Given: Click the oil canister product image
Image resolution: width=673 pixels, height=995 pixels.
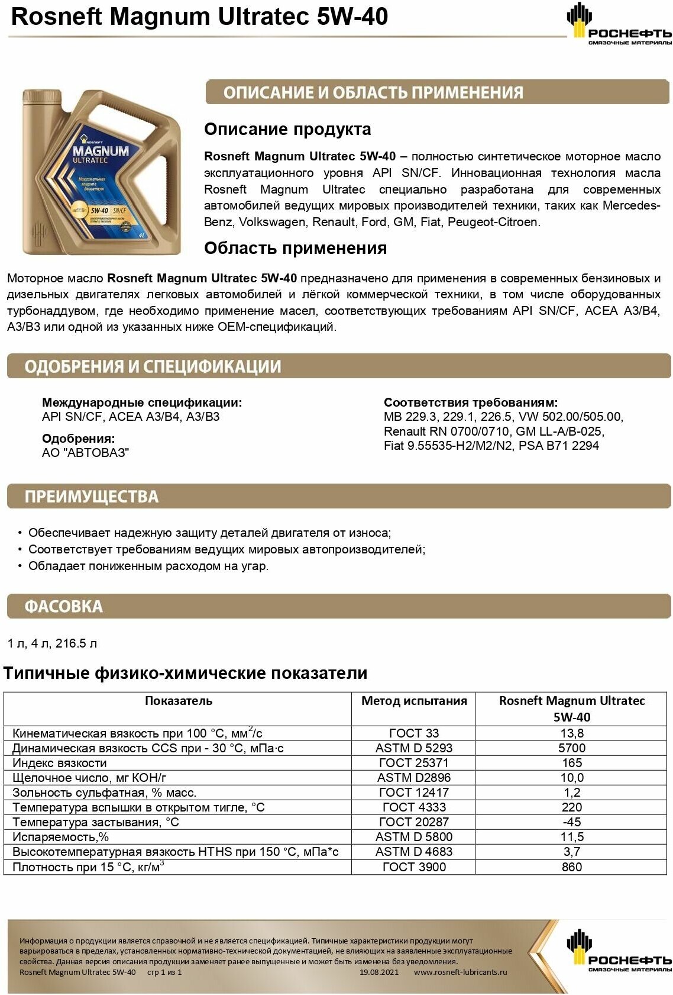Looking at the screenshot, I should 101,172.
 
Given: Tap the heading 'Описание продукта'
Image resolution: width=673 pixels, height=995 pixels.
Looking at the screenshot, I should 287,129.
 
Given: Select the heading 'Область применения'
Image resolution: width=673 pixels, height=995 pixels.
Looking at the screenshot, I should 295,248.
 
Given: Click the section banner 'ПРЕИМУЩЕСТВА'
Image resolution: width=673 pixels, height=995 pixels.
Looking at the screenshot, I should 92,497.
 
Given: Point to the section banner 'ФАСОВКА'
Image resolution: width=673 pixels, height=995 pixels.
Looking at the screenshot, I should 64,607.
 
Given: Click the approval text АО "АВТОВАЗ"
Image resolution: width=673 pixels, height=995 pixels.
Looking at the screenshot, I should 85,453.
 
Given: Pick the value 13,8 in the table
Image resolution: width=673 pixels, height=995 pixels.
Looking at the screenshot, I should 571,733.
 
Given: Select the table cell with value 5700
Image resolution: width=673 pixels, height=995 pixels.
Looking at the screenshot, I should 571,748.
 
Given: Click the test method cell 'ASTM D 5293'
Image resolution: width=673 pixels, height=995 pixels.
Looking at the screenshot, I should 413,748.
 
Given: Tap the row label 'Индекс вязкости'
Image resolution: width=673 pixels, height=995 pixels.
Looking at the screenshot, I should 60,763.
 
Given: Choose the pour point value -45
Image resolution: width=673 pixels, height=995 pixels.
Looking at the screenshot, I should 571,822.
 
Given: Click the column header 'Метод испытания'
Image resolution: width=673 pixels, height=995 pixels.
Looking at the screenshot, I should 413,701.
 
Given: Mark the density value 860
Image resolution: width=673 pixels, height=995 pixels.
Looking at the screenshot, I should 571,867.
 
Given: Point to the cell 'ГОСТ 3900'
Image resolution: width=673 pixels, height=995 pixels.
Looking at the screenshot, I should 413,867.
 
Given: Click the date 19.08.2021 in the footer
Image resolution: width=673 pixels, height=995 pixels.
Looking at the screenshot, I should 379,972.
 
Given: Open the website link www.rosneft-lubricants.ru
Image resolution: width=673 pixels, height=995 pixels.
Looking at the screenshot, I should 460,972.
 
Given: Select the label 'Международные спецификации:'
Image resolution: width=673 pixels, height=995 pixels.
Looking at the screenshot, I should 142,402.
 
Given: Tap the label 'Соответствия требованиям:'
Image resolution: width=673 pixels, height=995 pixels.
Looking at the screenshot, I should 470,402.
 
